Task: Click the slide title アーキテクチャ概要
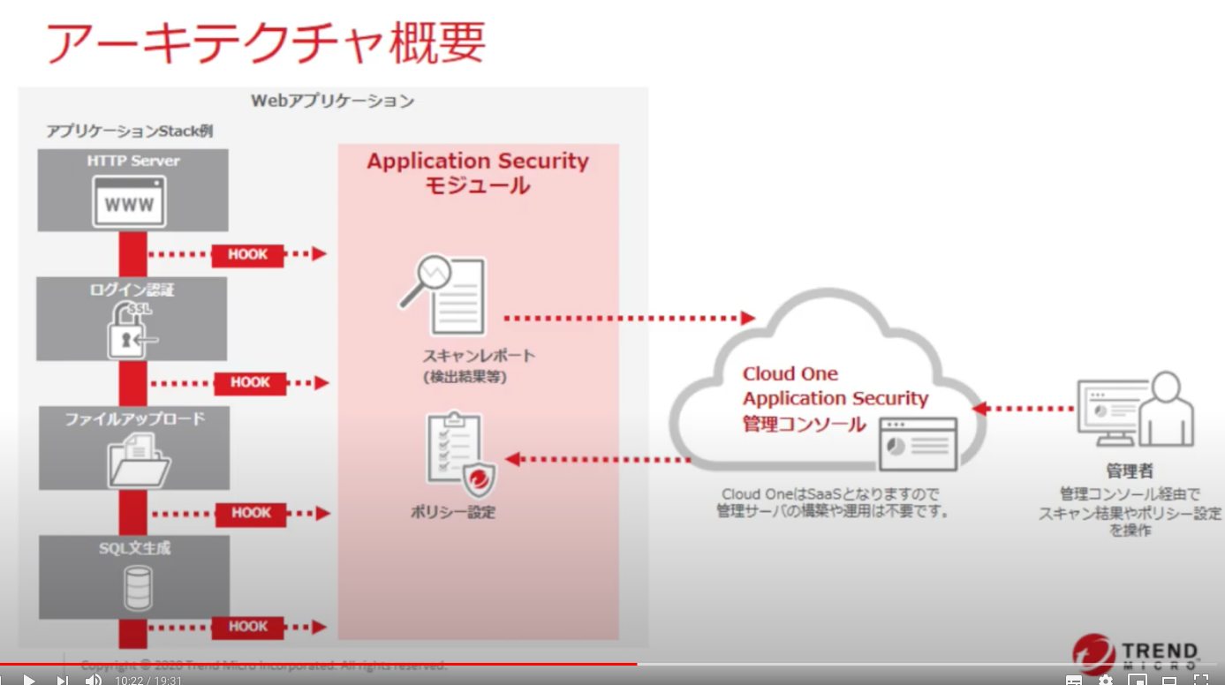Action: pyautogui.click(x=265, y=41)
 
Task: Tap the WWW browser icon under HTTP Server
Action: pyautogui.click(x=130, y=204)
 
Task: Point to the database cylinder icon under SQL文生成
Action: pyautogui.click(x=137, y=588)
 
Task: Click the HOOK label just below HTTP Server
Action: pyautogui.click(x=247, y=254)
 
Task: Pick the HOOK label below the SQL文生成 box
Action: pyautogui.click(x=248, y=627)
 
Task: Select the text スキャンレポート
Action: pyautogui.click(x=478, y=356)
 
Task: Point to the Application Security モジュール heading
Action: pyautogui.click(x=478, y=172)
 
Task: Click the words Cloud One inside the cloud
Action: pyautogui.click(x=790, y=373)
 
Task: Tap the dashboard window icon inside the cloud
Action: pyautogui.click(x=919, y=443)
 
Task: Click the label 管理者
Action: pyautogui.click(x=1130, y=470)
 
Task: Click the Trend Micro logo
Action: pyautogui.click(x=1136, y=654)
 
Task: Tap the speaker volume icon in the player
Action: pyautogui.click(x=93, y=680)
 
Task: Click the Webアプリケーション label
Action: pyautogui.click(x=332, y=101)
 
